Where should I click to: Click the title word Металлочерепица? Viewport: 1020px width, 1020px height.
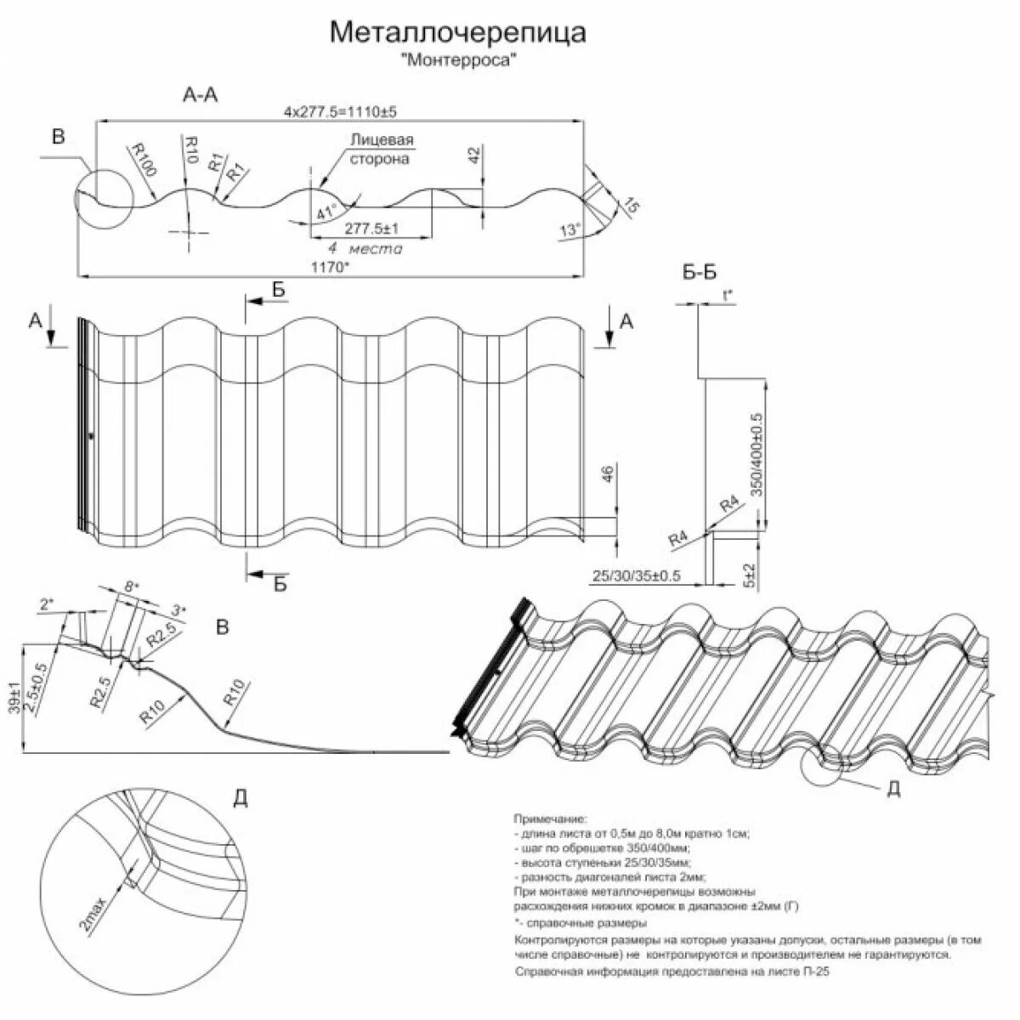click(457, 33)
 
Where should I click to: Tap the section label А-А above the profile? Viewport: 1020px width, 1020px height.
click(201, 94)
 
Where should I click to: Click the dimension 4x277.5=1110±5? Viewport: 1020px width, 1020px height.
click(341, 112)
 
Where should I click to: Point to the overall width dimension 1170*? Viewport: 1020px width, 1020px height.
click(329, 267)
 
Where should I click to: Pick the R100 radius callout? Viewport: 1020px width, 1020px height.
click(143, 158)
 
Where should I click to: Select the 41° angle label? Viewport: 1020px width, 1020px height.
click(326, 212)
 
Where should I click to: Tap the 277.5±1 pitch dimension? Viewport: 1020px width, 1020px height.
click(372, 229)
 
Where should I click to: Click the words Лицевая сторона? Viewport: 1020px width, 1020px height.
click(380, 149)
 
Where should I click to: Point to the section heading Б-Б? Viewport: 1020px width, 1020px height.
click(700, 272)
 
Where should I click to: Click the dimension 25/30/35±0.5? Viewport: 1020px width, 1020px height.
click(637, 575)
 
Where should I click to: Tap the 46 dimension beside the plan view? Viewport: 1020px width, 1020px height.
click(606, 474)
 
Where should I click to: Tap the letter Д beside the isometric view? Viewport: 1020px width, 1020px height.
click(892, 790)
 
